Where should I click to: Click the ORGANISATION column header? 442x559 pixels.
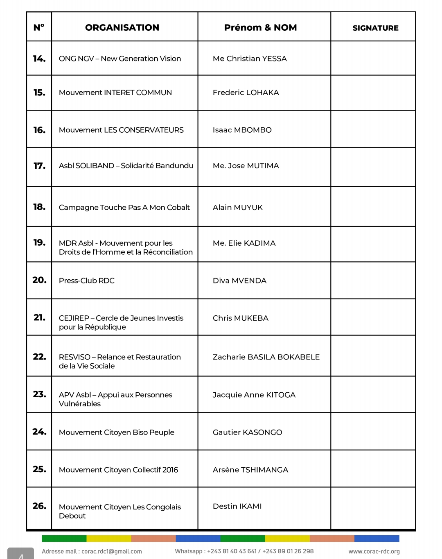tap(122, 27)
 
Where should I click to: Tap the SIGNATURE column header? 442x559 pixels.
tap(375, 28)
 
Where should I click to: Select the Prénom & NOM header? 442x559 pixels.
tap(260, 27)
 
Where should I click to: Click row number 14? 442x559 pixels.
tap(39, 59)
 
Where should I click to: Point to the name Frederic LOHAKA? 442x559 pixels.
tap(246, 93)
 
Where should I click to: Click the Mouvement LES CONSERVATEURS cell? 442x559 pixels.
tap(121, 130)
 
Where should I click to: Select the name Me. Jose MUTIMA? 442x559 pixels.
tap(246, 165)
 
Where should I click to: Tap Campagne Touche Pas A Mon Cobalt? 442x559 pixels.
tap(124, 207)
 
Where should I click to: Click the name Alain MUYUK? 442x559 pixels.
tap(237, 207)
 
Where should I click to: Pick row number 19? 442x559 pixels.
tap(39, 242)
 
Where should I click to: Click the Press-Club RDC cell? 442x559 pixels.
tap(86, 281)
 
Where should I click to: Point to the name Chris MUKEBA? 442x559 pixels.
tap(240, 318)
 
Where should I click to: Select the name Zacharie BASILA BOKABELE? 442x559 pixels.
tap(266, 357)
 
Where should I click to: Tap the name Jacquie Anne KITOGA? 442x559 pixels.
tap(254, 395)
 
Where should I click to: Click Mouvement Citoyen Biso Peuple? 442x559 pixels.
tap(116, 432)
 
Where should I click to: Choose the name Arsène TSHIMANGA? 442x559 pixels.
tap(250, 470)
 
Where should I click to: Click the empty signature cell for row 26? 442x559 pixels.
tap(373, 508)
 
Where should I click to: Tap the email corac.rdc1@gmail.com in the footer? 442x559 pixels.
tap(111, 551)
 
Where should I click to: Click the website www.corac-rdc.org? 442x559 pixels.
tap(374, 551)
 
